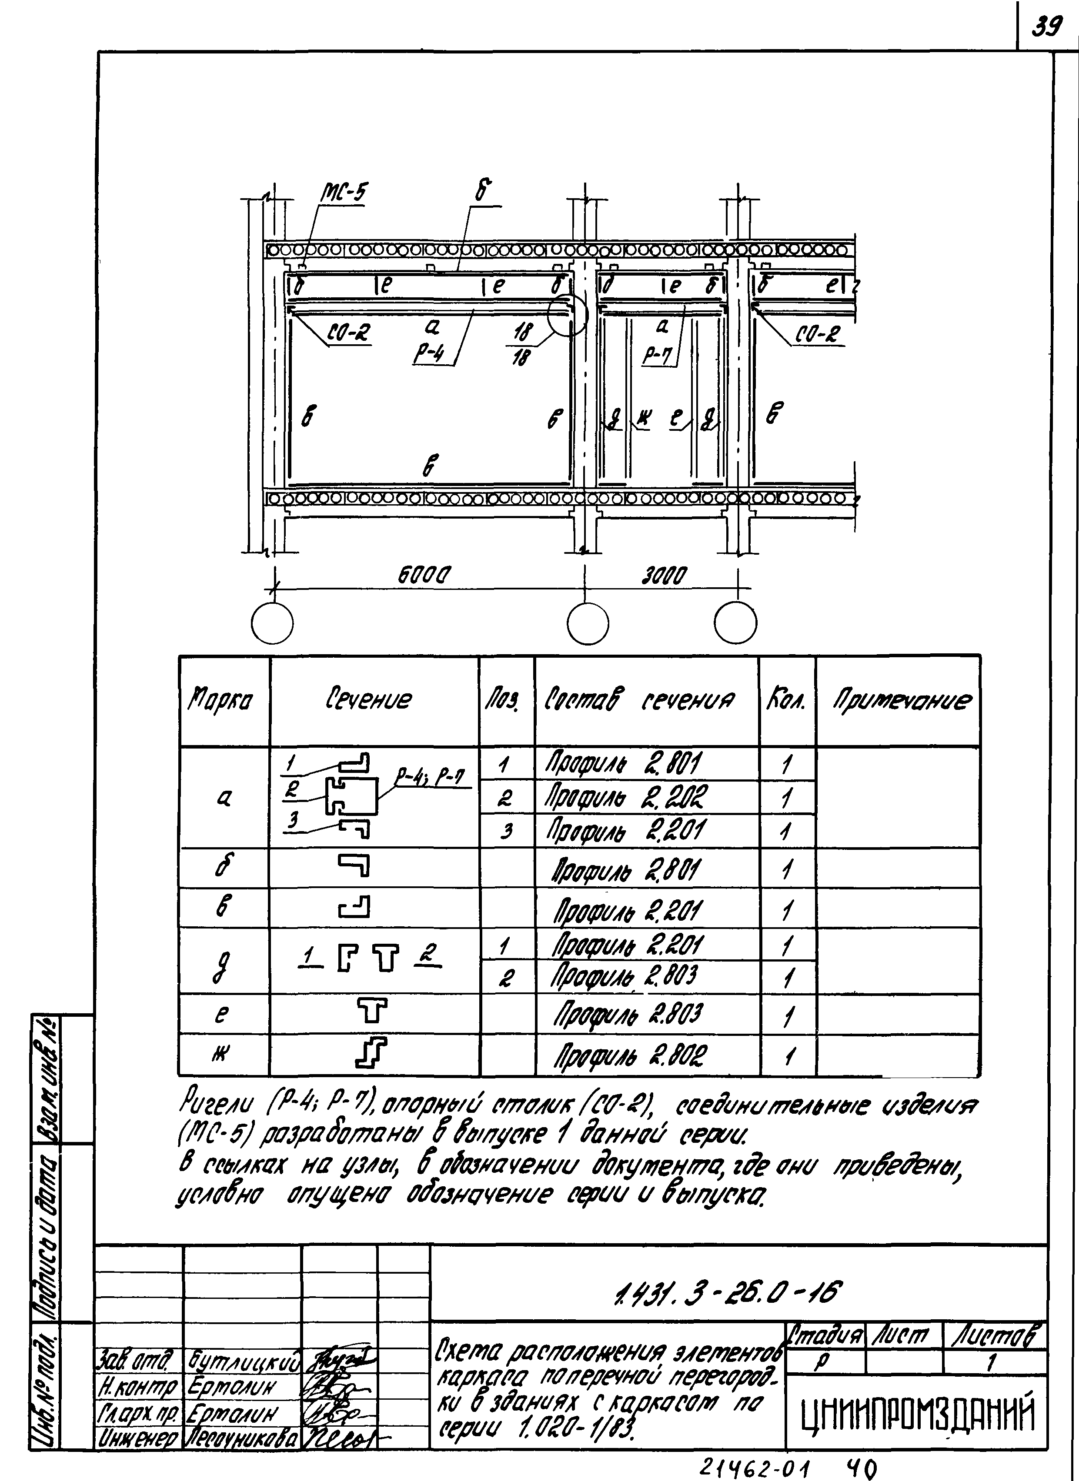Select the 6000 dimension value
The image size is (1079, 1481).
tap(425, 575)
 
